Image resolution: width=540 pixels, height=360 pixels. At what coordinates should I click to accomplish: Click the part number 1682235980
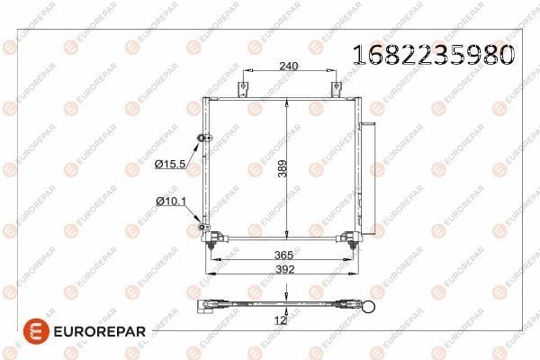click(434, 55)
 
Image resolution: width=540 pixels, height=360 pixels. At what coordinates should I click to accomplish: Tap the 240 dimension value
click(289, 66)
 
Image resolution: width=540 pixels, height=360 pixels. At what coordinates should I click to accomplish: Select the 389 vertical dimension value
click(283, 168)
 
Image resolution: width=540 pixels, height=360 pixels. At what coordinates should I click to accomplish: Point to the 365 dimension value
click(283, 255)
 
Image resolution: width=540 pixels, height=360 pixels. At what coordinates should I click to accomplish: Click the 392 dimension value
click(284, 269)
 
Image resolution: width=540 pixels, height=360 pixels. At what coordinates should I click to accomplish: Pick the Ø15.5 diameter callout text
click(170, 164)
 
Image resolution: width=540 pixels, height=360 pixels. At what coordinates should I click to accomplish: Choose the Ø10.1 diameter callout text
click(171, 201)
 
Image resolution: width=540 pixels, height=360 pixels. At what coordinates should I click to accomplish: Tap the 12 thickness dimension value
click(280, 320)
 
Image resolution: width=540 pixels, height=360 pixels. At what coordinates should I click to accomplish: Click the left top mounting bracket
click(243, 89)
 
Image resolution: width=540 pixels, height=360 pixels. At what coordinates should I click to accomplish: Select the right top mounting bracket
click(336, 89)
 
